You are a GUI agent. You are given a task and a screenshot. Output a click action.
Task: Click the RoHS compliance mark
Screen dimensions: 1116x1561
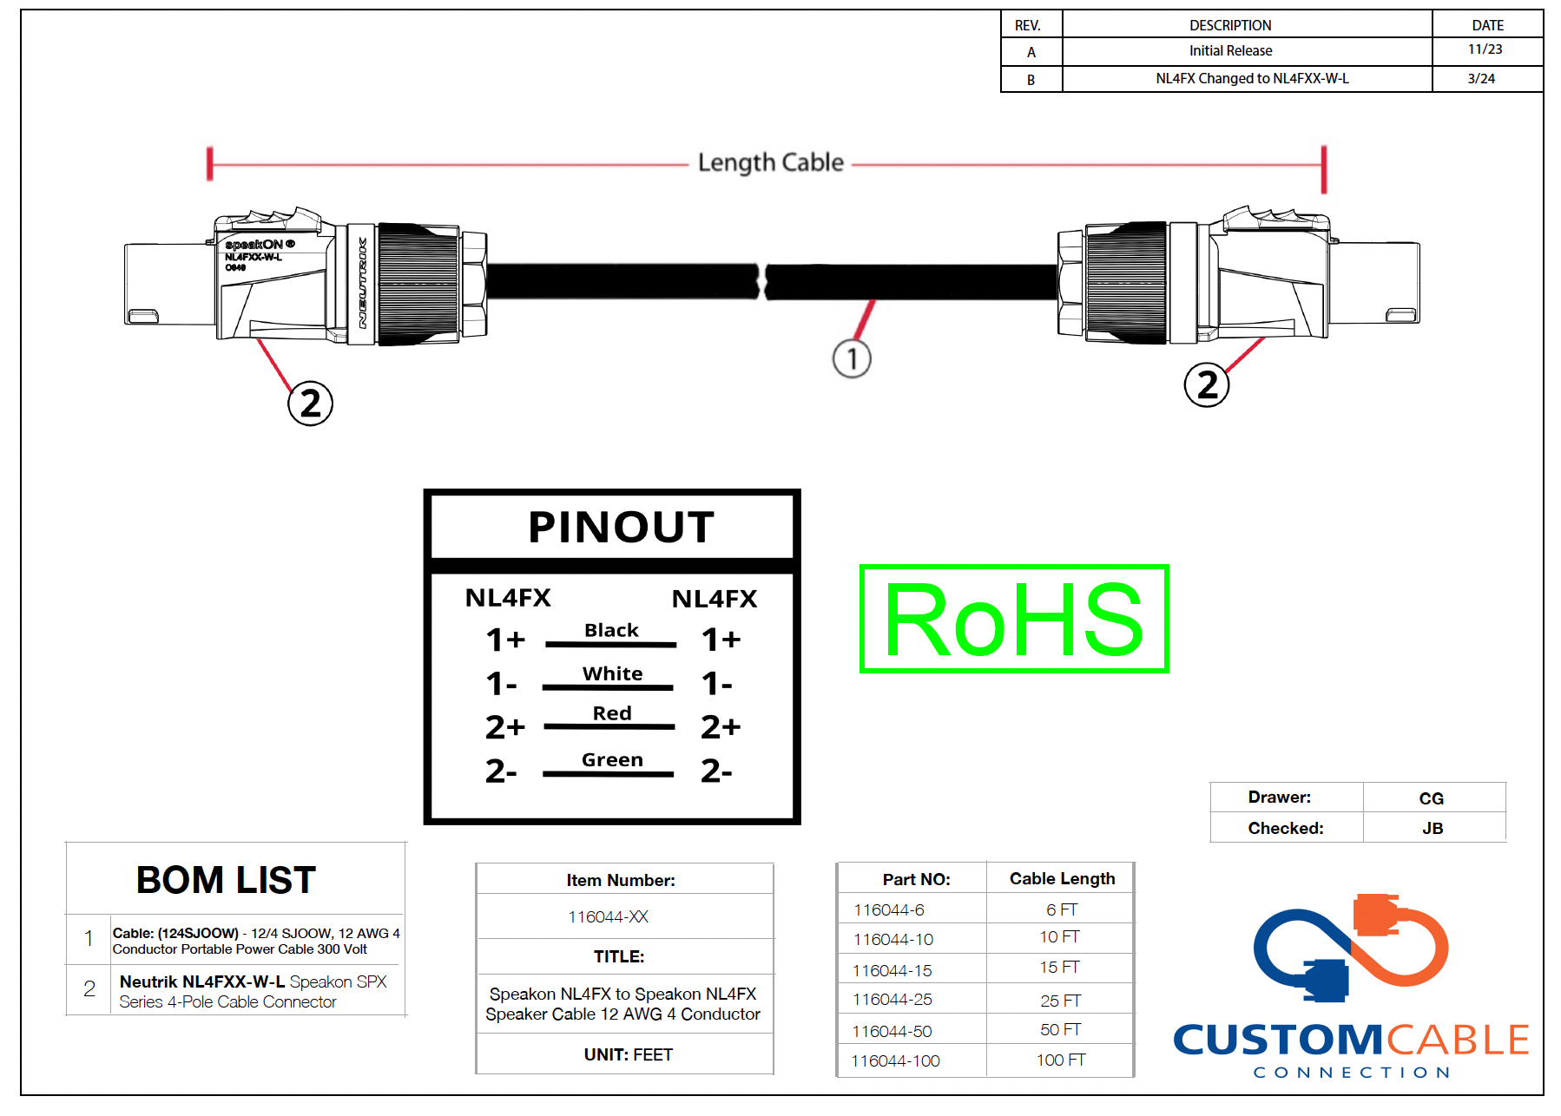tap(1013, 619)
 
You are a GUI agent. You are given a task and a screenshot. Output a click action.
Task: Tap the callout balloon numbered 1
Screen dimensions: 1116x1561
tap(852, 358)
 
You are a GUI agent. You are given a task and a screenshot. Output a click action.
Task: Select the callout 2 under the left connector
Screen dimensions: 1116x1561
tap(310, 404)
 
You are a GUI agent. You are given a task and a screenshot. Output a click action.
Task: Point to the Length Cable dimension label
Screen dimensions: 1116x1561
tap(770, 162)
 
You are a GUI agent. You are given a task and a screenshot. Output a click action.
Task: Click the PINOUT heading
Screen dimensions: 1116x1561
tap(621, 527)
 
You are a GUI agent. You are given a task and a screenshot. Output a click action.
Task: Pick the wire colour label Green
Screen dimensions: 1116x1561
tap(612, 760)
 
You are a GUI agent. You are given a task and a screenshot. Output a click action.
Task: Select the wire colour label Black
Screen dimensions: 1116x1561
tap(611, 630)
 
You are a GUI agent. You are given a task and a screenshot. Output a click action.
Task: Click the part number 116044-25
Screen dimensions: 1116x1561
tap(892, 1000)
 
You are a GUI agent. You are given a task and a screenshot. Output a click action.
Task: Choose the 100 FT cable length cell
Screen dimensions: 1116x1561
tap(1061, 1060)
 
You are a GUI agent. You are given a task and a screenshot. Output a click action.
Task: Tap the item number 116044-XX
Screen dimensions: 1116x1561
tap(608, 917)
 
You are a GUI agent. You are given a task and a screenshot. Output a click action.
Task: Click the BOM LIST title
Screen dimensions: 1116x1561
tap(226, 880)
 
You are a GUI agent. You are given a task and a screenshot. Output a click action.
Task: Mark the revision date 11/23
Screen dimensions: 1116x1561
tap(1485, 49)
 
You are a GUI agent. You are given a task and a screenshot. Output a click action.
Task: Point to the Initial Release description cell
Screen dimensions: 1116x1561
tap(1230, 51)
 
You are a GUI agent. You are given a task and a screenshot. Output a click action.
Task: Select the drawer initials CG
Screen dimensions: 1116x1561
tap(1431, 798)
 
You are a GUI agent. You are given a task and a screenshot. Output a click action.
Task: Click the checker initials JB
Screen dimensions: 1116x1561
tap(1433, 829)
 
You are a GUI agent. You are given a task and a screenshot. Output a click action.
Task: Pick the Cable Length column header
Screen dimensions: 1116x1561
tap(1062, 878)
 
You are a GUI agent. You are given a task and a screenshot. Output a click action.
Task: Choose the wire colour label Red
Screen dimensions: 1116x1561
tap(612, 713)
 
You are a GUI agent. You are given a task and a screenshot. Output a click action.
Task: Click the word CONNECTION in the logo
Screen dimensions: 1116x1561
tap(1351, 1073)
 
